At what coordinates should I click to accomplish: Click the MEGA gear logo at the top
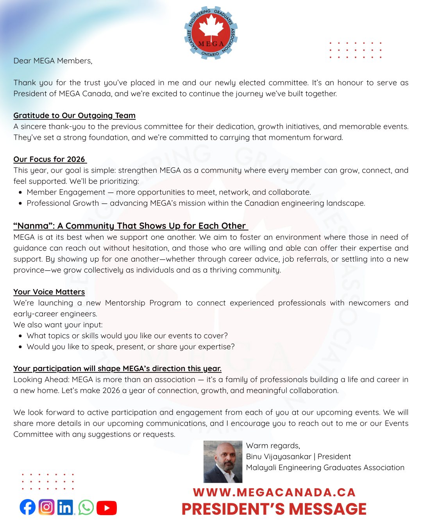(x=211, y=33)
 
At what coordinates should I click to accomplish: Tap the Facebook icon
(x=27, y=507)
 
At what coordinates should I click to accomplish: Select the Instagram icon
(x=46, y=507)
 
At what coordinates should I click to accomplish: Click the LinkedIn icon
(x=65, y=507)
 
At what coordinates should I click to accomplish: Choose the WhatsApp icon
(x=86, y=507)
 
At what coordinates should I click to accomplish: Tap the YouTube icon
(x=106, y=508)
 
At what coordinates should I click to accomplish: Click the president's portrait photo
(x=223, y=462)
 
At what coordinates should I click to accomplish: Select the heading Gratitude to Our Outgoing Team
(x=74, y=115)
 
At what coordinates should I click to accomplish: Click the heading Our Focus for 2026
(x=49, y=159)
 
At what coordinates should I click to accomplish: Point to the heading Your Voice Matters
(x=49, y=292)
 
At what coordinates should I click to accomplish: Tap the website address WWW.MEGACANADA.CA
(x=274, y=492)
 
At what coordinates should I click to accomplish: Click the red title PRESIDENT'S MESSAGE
(x=274, y=509)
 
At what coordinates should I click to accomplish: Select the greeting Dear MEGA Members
(x=53, y=61)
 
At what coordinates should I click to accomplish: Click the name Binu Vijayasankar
(x=279, y=456)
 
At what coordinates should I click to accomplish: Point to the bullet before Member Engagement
(x=20, y=192)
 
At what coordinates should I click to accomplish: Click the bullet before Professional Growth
(x=20, y=203)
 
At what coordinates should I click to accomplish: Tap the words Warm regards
(x=273, y=445)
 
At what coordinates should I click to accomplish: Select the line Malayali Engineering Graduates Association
(x=325, y=467)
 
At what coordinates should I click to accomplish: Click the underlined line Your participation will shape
(x=117, y=368)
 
